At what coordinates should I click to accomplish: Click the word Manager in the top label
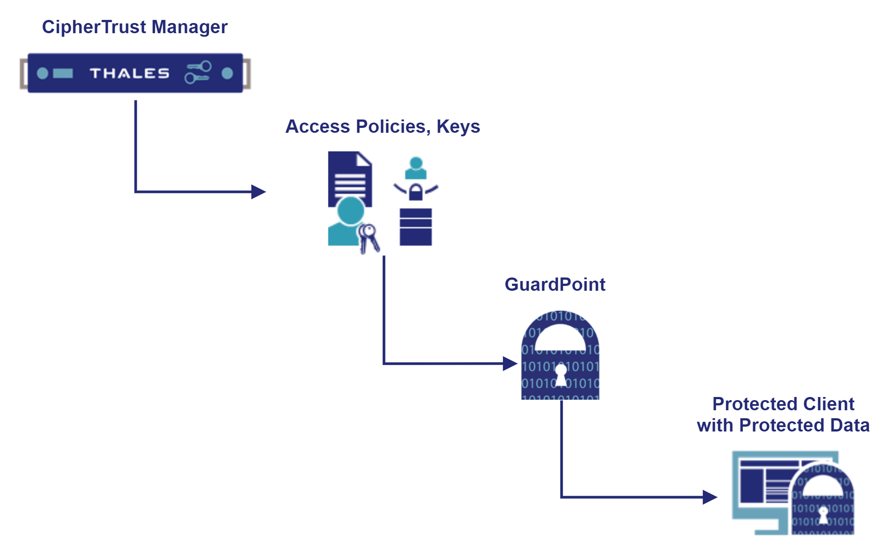189,27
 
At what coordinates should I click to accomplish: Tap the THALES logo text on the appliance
129,73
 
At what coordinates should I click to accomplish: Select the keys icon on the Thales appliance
198,73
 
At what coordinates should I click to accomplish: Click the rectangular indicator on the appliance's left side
63,73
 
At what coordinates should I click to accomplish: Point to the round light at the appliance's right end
227,73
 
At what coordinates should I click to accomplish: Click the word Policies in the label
391,127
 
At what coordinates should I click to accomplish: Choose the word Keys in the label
458,127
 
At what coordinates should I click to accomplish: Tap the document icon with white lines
350,177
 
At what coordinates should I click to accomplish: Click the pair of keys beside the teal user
369,238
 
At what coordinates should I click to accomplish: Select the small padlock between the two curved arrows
416,192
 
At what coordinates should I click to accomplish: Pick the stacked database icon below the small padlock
416,227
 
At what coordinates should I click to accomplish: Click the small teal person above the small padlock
416,168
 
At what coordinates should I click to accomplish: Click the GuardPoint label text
555,285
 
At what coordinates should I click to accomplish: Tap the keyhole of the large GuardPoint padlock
561,374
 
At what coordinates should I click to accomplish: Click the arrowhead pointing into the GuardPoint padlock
510,364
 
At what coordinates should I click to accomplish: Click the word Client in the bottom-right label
829,404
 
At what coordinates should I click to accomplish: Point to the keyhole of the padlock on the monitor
823,515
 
